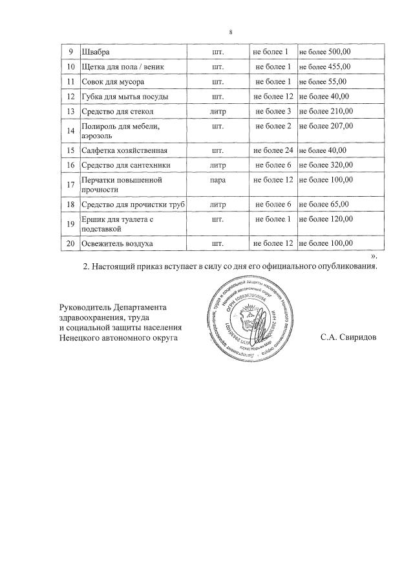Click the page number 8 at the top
[231, 32]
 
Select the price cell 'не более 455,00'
[324, 67]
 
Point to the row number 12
[70, 97]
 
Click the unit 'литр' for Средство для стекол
[218, 112]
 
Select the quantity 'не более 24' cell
[273, 151]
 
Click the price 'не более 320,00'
[324, 166]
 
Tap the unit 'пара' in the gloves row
[218, 180]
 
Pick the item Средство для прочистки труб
[132, 204]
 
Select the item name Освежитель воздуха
[118, 244]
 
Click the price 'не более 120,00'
[324, 219]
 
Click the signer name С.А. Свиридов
[348, 337]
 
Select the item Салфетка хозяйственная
[125, 151]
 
